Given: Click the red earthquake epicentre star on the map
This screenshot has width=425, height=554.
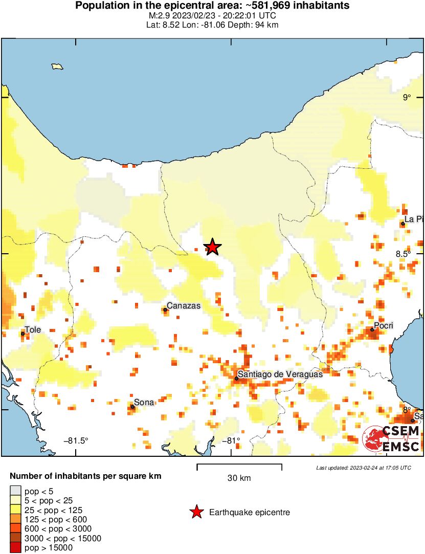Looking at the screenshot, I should (213, 247).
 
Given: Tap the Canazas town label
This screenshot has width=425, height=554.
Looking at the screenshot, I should (184, 306).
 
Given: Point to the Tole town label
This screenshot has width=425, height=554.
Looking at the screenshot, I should (33, 330).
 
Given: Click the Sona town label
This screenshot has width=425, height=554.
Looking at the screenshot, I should (144, 403).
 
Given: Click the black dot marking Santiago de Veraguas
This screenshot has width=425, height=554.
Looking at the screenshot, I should (237, 379).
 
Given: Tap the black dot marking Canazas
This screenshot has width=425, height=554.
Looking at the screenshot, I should (166, 309).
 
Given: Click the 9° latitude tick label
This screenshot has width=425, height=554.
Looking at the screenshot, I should (406, 98).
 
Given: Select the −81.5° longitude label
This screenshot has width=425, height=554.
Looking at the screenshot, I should (76, 440).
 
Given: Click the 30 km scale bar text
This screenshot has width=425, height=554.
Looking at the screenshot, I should (239, 478).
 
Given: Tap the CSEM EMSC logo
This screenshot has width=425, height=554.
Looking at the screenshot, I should (391, 439).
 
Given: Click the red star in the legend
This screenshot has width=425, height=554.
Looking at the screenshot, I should (196, 512).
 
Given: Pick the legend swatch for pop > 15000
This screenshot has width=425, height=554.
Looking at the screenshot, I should (16, 548).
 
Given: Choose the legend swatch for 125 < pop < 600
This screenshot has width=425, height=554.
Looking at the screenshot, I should (16, 519).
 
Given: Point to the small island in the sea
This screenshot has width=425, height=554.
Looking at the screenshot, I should (57, 66).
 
